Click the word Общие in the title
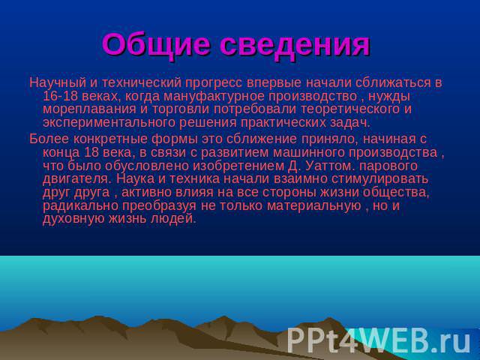click(155, 45)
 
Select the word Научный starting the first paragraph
click(55, 82)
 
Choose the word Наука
click(134, 179)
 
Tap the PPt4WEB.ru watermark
click(379, 340)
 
